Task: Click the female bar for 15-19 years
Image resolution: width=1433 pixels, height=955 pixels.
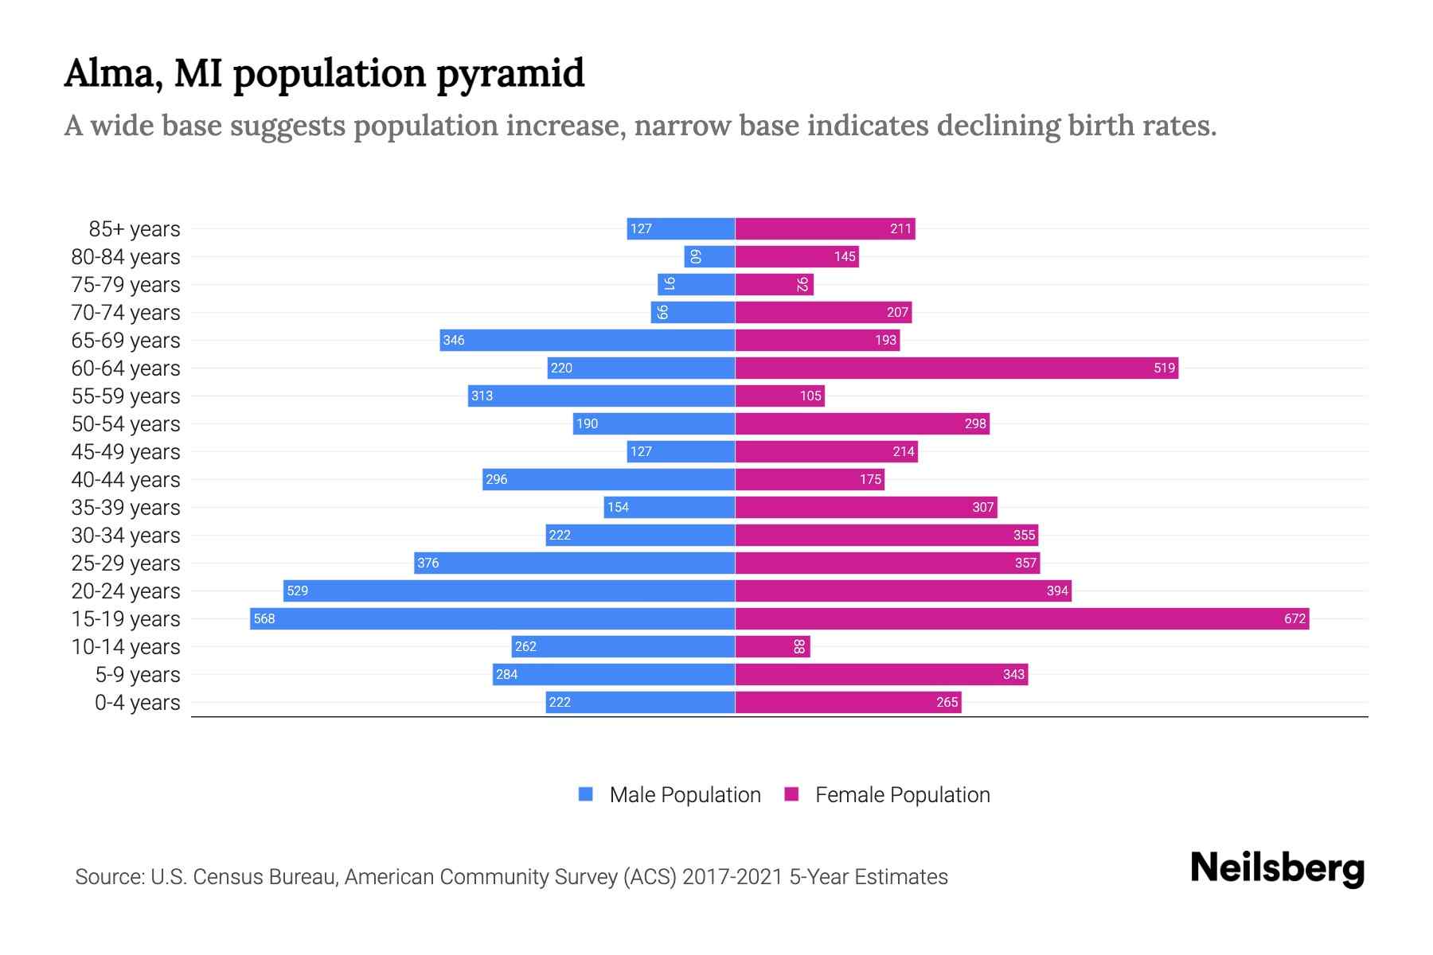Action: tap(1021, 618)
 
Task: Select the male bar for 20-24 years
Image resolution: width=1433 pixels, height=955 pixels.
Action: tap(509, 591)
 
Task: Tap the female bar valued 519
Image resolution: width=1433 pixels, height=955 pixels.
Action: tap(955, 368)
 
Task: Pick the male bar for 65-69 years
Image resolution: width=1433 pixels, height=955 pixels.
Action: tap(587, 340)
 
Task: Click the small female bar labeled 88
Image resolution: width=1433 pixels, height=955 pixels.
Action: tap(772, 646)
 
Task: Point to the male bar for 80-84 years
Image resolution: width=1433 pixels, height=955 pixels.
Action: tap(709, 256)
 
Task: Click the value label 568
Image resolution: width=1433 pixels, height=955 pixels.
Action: tap(264, 618)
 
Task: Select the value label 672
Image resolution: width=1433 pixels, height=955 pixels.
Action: tap(1294, 618)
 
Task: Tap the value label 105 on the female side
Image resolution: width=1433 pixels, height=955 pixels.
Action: tap(810, 396)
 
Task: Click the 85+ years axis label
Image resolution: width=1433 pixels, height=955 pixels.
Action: tap(134, 229)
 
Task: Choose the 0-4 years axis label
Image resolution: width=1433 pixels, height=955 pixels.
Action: tap(137, 703)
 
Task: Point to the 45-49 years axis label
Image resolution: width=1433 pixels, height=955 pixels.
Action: tap(126, 452)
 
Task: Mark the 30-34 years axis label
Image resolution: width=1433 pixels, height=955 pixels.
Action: tap(126, 536)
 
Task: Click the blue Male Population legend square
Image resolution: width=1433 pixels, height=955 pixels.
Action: tap(586, 794)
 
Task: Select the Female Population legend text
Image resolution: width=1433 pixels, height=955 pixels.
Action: tap(902, 794)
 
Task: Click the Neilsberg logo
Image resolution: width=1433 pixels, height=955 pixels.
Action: tap(1277, 868)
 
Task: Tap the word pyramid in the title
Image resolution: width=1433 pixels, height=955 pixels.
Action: tap(510, 74)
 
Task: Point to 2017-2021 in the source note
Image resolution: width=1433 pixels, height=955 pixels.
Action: tap(732, 877)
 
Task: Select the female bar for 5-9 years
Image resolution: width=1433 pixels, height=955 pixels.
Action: tap(881, 674)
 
